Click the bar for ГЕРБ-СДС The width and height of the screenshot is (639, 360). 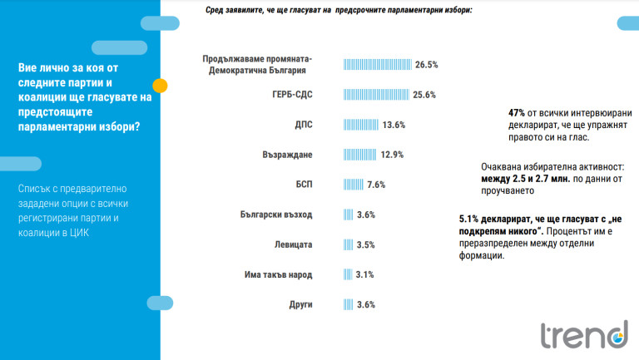[377, 94]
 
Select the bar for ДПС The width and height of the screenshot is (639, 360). [361, 125]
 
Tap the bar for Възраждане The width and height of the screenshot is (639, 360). [360, 155]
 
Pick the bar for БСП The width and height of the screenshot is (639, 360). [353, 185]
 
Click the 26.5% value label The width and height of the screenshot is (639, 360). [427, 64]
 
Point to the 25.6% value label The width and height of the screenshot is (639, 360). [425, 94]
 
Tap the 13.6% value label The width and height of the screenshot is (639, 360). [394, 125]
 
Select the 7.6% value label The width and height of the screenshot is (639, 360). [375, 185]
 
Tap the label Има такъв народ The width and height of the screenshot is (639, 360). [278, 274]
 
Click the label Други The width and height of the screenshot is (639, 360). [300, 304]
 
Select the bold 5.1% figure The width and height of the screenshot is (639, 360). [468, 218]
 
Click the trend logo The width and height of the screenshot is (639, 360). [583, 334]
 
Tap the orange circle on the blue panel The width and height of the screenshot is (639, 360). [161, 85]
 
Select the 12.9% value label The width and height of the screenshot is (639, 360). [392, 155]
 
